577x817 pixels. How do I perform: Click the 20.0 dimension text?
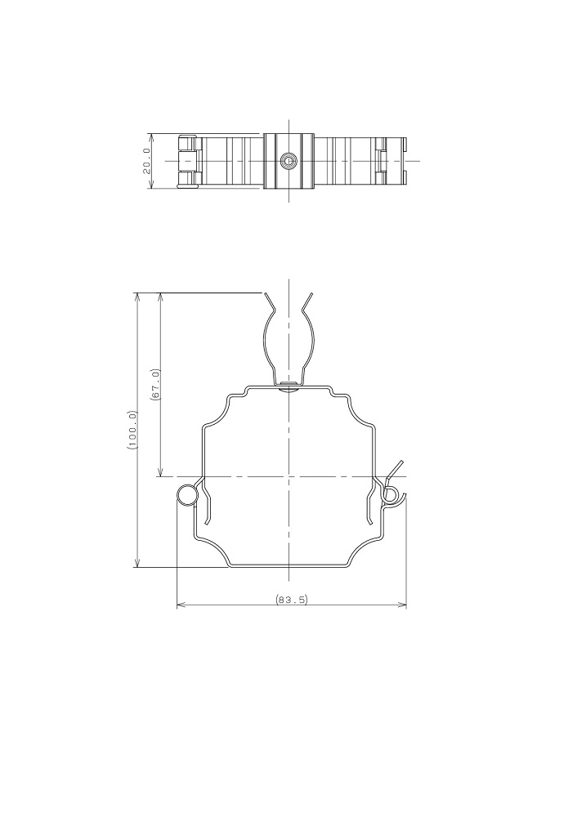pos(146,161)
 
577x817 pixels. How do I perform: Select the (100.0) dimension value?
pos(132,430)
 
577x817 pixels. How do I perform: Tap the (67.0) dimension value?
pos(154,385)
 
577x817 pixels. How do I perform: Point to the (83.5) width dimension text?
pos(292,599)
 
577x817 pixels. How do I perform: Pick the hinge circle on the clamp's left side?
pos(186,495)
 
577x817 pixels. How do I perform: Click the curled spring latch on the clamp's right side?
pos(392,497)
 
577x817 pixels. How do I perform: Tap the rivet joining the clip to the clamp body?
pos(288,386)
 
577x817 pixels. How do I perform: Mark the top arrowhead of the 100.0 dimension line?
pos(137,297)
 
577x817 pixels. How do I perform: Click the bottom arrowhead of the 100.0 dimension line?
pos(137,563)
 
